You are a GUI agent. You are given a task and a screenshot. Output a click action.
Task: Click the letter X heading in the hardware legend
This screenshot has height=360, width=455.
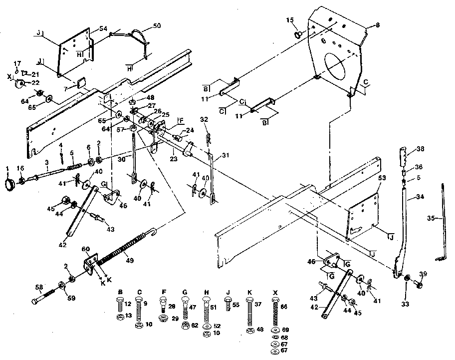coord(275,292)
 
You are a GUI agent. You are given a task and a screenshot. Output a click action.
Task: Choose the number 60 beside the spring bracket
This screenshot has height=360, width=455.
coord(86,249)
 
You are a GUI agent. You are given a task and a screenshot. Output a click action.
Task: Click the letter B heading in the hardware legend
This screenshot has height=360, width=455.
coord(120,292)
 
